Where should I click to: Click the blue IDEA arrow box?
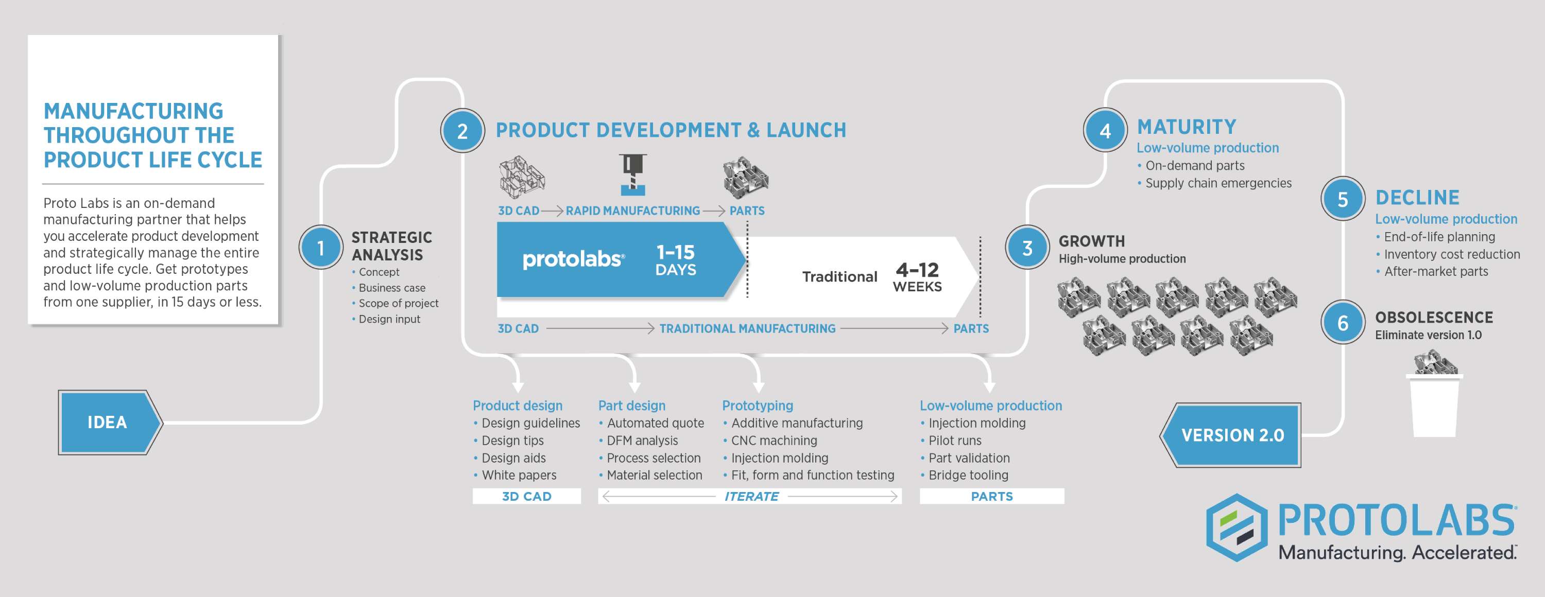[109, 422]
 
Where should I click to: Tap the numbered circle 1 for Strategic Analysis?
[321, 247]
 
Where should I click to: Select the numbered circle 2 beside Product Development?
[462, 131]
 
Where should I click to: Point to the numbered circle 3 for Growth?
[1027, 248]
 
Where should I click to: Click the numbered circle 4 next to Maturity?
[1105, 131]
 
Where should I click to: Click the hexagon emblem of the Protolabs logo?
[1237, 528]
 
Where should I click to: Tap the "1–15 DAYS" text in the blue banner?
[675, 260]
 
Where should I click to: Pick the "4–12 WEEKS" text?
[917, 277]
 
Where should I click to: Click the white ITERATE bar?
[750, 496]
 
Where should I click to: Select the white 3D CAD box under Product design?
[527, 496]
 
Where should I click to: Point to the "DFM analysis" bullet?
[642, 441]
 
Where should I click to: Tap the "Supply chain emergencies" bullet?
[1218, 183]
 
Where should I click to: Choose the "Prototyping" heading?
[758, 406]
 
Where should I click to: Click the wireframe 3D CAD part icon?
[522, 177]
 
